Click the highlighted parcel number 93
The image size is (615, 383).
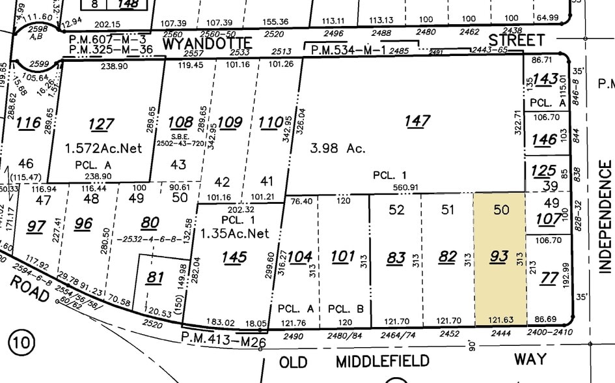click(x=499, y=257)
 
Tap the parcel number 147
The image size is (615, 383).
click(x=417, y=121)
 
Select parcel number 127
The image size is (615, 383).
click(x=102, y=124)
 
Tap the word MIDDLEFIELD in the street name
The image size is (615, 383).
click(x=383, y=361)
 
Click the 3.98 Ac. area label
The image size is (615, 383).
click(x=337, y=148)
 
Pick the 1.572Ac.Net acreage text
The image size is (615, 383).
click(x=103, y=148)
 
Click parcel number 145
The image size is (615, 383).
click(x=234, y=257)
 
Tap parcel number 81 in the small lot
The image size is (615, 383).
click(x=154, y=278)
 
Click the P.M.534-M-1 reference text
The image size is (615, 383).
click(x=340, y=50)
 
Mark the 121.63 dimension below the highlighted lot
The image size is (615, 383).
click(x=499, y=320)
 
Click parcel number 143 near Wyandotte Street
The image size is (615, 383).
click(x=545, y=79)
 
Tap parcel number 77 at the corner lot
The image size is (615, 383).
click(x=549, y=279)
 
